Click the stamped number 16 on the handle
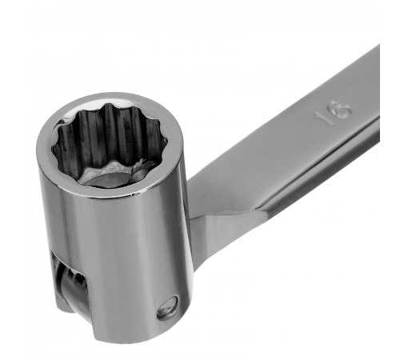(334, 112)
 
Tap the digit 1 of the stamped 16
(322, 118)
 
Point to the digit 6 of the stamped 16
(342, 109)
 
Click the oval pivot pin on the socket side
(167, 308)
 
